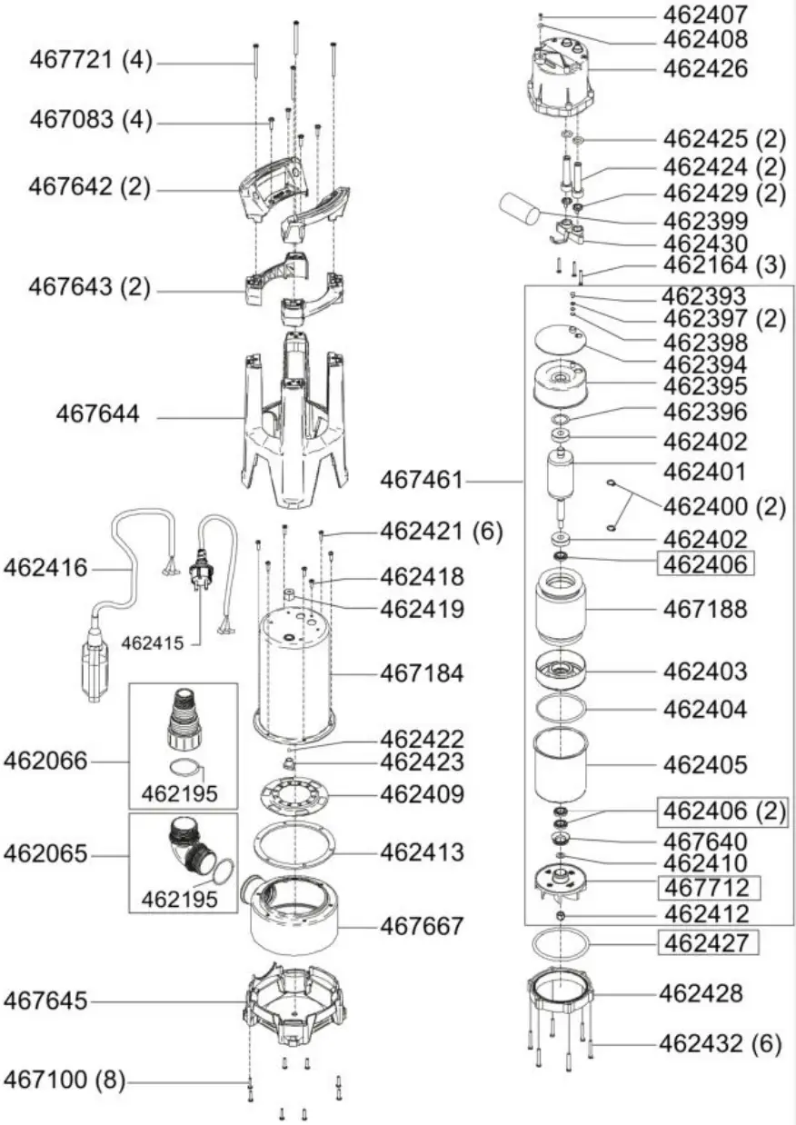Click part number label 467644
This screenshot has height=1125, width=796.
point(97,415)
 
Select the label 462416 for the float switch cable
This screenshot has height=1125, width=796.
point(45,568)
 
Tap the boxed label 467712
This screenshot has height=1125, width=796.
point(705,887)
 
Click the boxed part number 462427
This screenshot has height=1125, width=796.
point(705,943)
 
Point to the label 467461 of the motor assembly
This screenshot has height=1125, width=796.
point(421,479)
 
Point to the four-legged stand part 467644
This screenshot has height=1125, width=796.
point(295,418)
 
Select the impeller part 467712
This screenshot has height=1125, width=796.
point(562,882)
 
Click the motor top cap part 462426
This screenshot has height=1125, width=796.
point(562,75)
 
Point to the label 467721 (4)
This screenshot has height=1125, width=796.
point(91,62)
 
